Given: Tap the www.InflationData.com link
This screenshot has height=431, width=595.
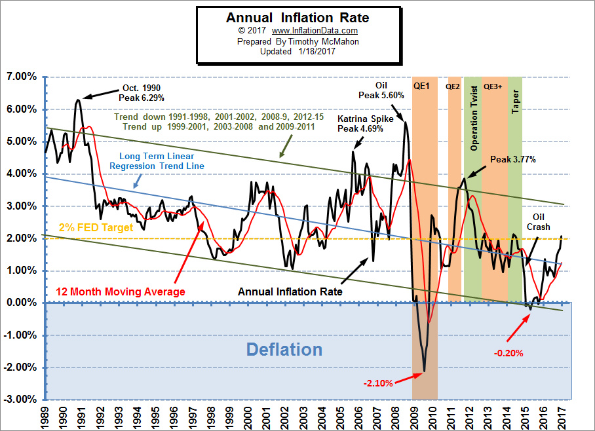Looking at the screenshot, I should [315, 31].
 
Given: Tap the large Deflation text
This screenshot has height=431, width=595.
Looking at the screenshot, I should [284, 349].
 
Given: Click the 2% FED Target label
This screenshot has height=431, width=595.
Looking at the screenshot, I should [96, 228].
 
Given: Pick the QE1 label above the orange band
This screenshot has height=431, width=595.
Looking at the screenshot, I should [421, 86].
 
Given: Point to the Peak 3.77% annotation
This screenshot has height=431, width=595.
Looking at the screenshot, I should [512, 159].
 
